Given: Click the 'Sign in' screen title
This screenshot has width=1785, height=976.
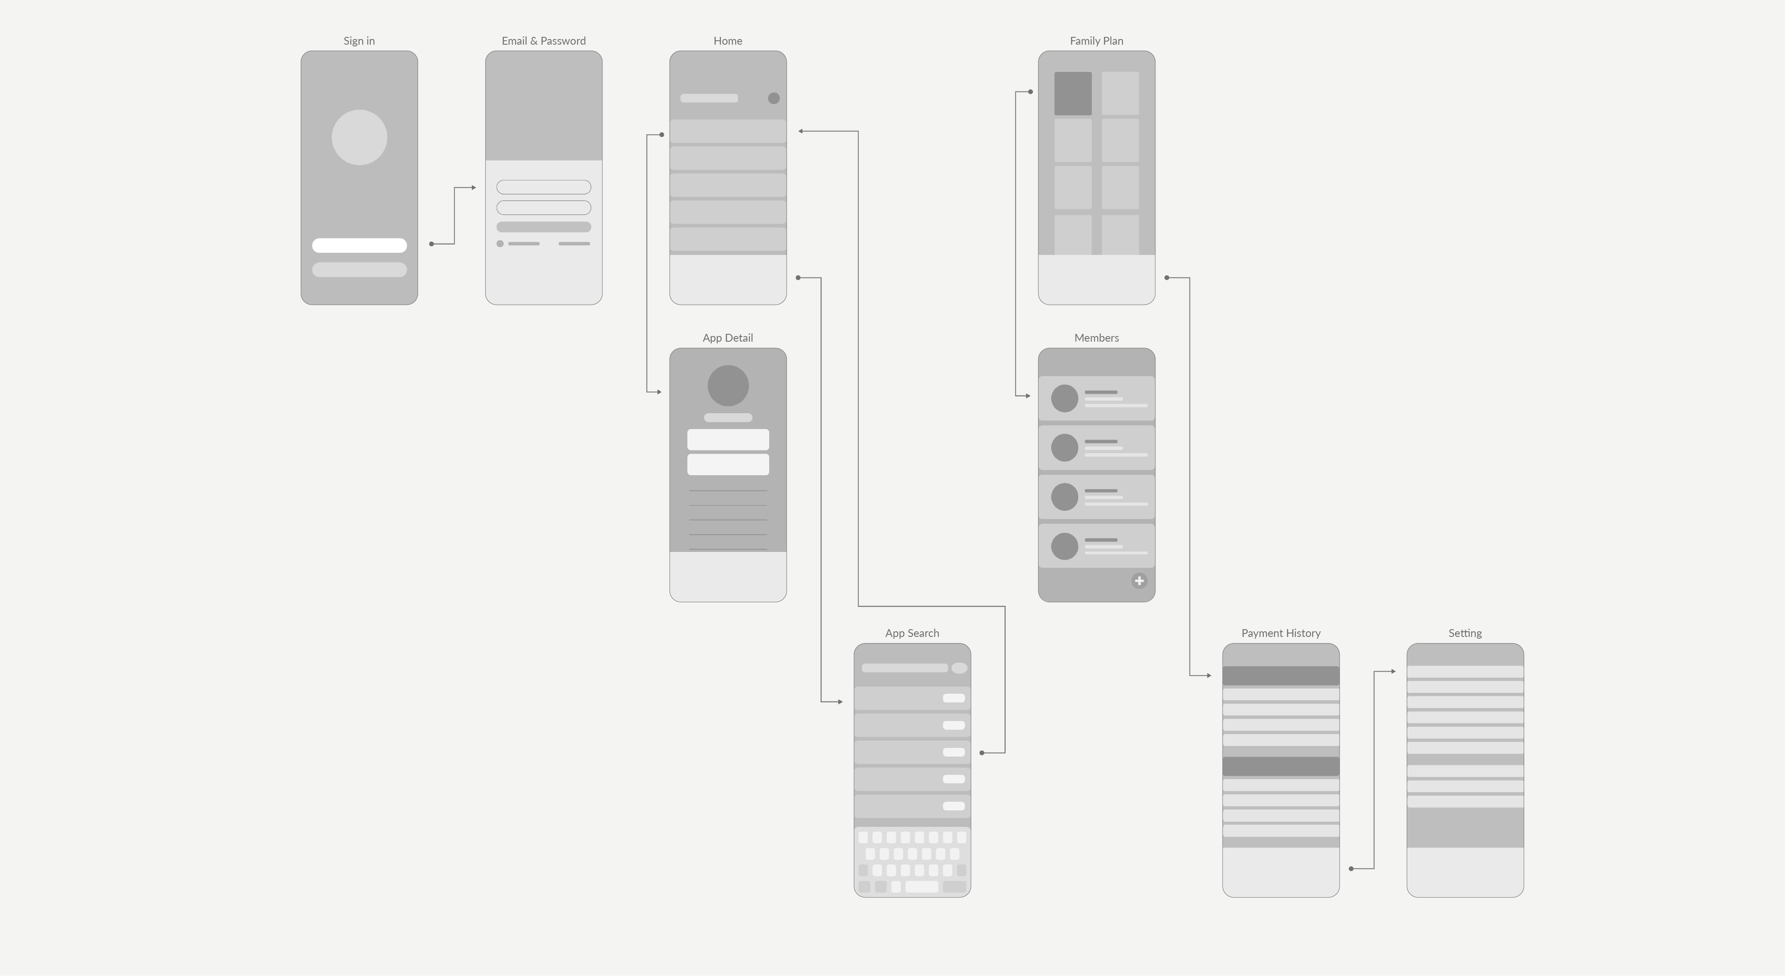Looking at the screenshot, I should point(359,41).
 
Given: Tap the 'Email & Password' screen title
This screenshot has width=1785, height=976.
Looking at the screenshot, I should point(543,41).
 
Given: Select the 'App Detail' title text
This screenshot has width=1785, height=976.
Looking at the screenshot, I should point(728,338).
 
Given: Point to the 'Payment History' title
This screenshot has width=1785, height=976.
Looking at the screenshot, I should point(1281,633).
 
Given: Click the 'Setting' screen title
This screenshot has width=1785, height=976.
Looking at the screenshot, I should point(1465,633).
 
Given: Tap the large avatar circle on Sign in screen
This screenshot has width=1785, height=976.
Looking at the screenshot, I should point(359,137).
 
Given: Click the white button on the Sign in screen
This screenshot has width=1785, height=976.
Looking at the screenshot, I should point(359,245).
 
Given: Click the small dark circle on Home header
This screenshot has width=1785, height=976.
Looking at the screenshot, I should point(773,98).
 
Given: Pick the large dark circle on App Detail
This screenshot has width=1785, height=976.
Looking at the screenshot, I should point(728,386).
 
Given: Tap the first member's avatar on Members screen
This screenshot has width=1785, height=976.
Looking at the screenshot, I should point(1064,398).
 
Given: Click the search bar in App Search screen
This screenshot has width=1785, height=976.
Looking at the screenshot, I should point(904,668).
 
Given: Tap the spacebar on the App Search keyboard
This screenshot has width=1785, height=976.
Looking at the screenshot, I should point(922,887).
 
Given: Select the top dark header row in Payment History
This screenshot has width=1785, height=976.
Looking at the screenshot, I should point(1281,676).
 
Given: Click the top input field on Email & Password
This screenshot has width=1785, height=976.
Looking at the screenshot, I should point(543,187).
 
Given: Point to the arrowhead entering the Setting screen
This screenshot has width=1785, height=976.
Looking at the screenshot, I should point(1393,671).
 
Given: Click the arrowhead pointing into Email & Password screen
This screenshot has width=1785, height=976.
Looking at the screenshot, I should point(474,188).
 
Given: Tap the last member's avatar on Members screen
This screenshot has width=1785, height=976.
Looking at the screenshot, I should point(1064,546).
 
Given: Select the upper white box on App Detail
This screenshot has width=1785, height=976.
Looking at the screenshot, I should point(728,440).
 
